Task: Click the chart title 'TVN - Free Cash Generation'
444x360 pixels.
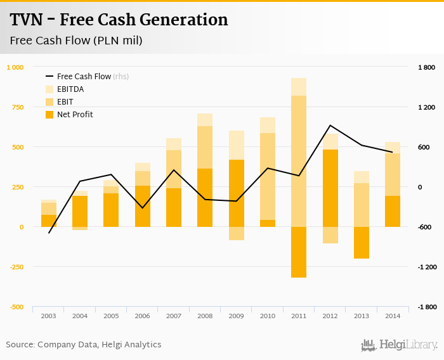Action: pos(119,20)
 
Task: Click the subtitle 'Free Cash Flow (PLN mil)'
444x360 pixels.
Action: pos(76,41)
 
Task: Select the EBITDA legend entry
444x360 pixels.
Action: pos(70,89)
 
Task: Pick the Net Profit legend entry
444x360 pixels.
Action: pos(74,115)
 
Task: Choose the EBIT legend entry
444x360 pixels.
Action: pos(65,102)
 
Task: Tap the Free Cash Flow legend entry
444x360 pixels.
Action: pos(84,77)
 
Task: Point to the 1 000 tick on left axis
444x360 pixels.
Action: pos(15,67)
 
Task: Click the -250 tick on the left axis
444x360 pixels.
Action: pos(15,267)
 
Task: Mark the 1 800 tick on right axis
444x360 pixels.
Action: pos(426,67)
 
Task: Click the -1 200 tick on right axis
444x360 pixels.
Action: pos(426,267)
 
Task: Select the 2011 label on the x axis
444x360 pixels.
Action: pos(299,315)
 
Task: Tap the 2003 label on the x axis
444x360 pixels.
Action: pos(49,315)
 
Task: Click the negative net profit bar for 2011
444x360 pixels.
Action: pos(299,252)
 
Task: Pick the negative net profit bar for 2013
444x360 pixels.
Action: pos(362,242)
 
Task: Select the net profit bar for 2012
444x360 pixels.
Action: pos(330,188)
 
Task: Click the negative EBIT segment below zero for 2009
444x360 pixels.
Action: pos(236,233)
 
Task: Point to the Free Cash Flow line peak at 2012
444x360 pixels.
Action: pos(330,125)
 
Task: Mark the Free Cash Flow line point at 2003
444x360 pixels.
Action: pos(49,233)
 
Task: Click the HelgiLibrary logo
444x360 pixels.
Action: pos(399,345)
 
